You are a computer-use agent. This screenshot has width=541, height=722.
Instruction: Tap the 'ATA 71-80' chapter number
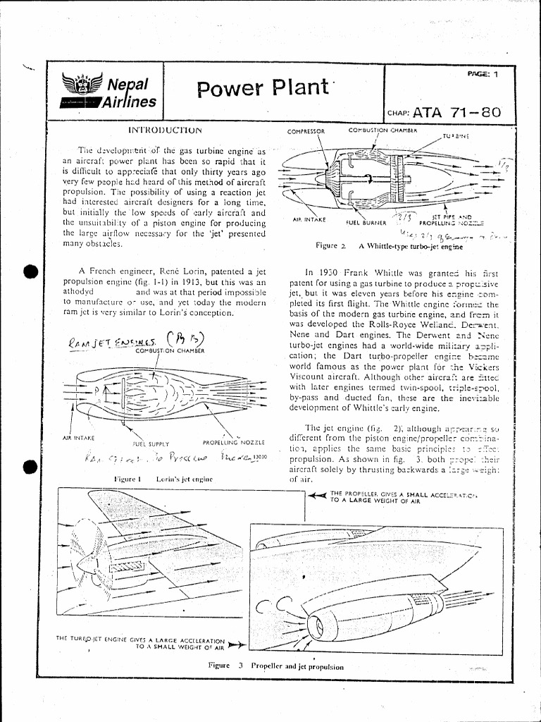pyautogui.click(x=457, y=111)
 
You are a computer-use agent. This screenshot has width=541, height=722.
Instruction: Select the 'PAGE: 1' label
pyautogui.click(x=482, y=73)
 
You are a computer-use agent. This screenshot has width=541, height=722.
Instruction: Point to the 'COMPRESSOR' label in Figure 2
pyautogui.click(x=306, y=131)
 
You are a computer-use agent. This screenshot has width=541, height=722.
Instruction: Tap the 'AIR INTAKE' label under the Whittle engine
pyautogui.click(x=309, y=219)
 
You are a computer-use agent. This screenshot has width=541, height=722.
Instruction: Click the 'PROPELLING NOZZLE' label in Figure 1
pyautogui.click(x=233, y=442)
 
